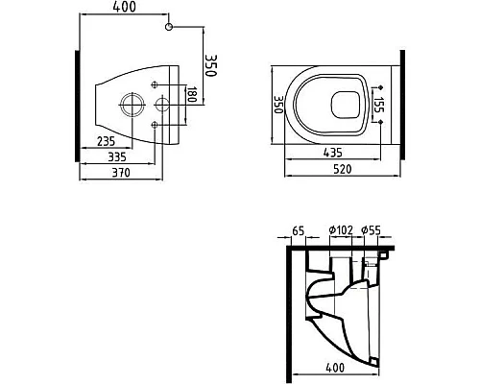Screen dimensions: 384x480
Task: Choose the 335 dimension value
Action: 116,156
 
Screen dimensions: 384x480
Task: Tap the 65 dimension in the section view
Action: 298,230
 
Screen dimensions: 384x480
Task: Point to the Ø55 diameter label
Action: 372,230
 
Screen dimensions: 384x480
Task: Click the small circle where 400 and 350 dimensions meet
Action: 169,29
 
